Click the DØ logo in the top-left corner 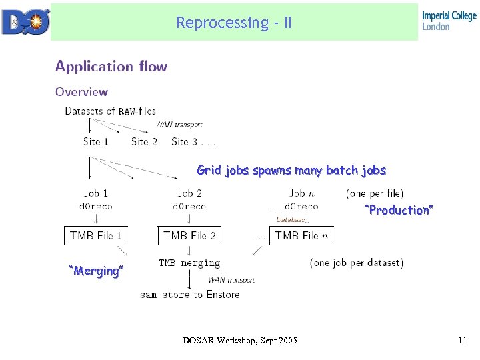(x=25, y=21)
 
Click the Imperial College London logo (x=449, y=21)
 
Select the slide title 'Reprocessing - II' (x=234, y=23)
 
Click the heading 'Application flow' (x=111, y=66)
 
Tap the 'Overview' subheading (x=81, y=92)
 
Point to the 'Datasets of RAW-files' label (x=110, y=111)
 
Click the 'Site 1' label (x=96, y=141)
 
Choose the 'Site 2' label (x=144, y=141)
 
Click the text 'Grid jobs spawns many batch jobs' (x=291, y=170)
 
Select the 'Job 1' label (x=96, y=193)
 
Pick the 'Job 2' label (x=190, y=193)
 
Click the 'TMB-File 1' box (x=96, y=235)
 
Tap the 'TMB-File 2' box (x=189, y=235)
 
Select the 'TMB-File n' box (x=301, y=235)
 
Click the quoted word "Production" (x=399, y=210)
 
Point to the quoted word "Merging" (x=97, y=271)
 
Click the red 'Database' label (x=291, y=219)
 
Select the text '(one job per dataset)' (x=357, y=263)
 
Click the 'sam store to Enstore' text (x=189, y=294)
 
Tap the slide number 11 (x=462, y=341)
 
